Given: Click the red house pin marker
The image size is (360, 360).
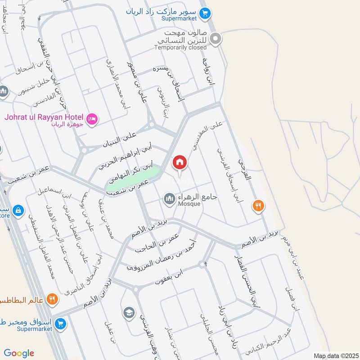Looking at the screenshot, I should (x=180, y=162).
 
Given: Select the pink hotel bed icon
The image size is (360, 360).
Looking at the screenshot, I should (x=92, y=120).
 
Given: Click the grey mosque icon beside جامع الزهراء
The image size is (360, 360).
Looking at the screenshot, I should (x=170, y=198).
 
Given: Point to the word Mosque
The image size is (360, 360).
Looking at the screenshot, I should (x=189, y=204).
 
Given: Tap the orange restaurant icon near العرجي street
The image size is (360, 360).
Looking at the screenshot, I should (x=258, y=206).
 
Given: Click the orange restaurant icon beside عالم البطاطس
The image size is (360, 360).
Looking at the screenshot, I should (x=52, y=298).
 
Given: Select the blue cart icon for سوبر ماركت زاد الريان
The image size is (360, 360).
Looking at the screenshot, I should (x=205, y=14).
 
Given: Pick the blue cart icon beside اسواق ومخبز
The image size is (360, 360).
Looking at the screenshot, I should (x=60, y=323).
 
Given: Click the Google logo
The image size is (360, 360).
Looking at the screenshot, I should (x=19, y=353).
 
